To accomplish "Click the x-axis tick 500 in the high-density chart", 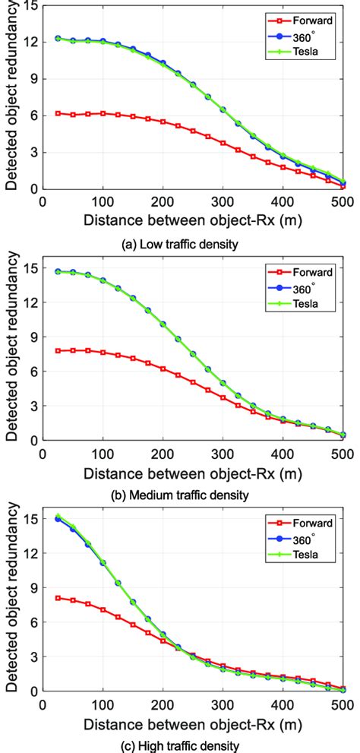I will pyautogui.click(x=342, y=704).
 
